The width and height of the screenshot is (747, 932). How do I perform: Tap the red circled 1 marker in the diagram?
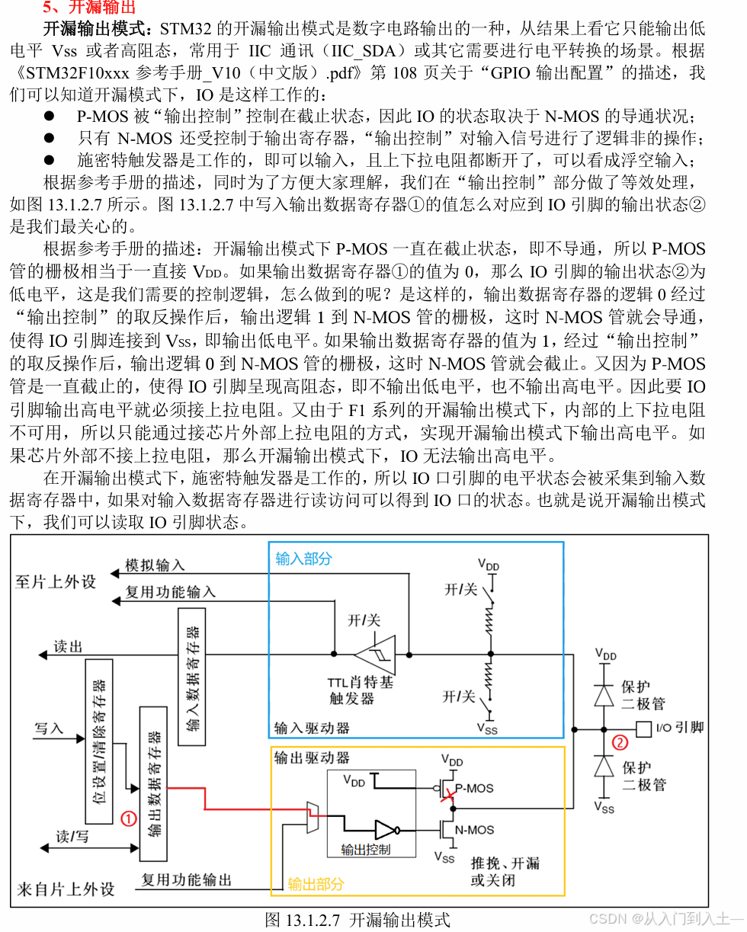(x=130, y=818)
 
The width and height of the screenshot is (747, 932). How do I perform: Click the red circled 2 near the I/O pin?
(x=620, y=742)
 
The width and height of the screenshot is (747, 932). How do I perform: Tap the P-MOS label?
(x=475, y=788)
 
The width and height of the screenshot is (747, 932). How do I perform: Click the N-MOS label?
(x=474, y=830)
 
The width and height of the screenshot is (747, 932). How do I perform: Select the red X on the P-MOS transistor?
(x=450, y=795)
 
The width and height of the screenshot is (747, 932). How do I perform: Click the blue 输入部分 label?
(x=303, y=559)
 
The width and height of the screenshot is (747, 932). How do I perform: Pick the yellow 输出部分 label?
(x=316, y=884)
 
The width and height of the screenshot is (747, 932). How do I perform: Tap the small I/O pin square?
(x=643, y=728)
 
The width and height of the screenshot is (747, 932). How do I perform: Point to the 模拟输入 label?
(x=155, y=565)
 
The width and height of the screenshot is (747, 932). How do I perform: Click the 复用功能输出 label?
(x=186, y=879)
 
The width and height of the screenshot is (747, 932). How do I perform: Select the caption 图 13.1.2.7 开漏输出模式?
(x=357, y=919)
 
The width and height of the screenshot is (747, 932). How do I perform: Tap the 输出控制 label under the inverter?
(x=366, y=850)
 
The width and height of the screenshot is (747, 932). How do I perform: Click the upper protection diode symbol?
(x=604, y=695)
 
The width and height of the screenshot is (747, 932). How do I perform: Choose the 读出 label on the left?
(x=68, y=647)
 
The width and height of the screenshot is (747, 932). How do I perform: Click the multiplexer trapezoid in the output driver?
(x=311, y=816)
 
